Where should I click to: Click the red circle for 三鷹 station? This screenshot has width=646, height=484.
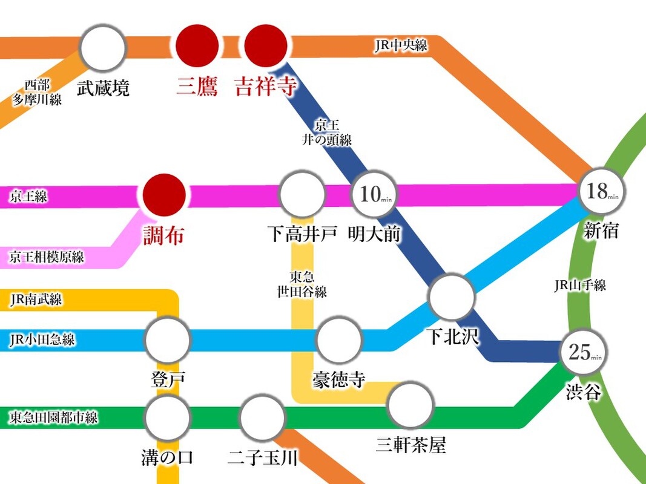click(x=197, y=45)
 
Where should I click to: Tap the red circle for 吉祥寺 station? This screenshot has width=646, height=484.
click(x=266, y=45)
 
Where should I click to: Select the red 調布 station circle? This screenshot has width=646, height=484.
click(x=164, y=195)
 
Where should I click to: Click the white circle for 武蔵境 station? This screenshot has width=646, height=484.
click(x=102, y=48)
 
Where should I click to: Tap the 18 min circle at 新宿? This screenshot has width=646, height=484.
click(x=600, y=191)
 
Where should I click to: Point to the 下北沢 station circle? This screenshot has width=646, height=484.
click(x=452, y=296)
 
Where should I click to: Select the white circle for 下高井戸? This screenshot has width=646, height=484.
click(x=302, y=194)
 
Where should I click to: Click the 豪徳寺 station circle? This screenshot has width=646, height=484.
click(x=339, y=340)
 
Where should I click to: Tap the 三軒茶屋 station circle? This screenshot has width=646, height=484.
click(x=410, y=405)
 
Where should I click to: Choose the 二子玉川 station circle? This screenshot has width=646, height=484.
click(x=262, y=417)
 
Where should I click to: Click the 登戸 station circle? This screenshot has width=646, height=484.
click(x=168, y=339)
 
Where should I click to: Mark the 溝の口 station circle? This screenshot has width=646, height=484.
click(x=168, y=417)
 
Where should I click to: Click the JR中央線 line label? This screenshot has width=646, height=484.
click(x=401, y=44)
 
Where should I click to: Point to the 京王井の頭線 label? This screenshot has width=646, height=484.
click(x=327, y=132)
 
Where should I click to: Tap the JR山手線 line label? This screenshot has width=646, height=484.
click(x=579, y=285)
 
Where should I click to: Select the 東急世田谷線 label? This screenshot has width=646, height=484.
click(x=302, y=284)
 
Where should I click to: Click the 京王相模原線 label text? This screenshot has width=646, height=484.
click(x=47, y=257)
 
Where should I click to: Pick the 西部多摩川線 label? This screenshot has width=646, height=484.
click(x=37, y=93)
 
